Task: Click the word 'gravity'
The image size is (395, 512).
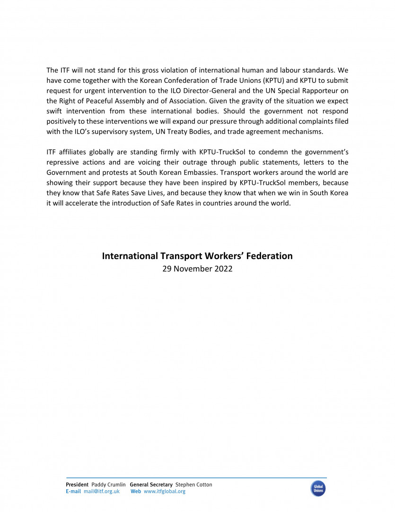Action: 255,101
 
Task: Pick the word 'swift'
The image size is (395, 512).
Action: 54,111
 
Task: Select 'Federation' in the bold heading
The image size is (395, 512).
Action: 268,256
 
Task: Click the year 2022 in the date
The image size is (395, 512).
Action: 224,269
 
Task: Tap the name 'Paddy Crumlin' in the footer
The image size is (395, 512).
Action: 108,485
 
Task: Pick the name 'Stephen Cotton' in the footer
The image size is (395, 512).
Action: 193,485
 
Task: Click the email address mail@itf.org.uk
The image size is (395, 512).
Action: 101,492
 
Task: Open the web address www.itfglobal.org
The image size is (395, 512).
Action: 164,492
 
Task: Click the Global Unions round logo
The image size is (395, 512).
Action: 318,488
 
